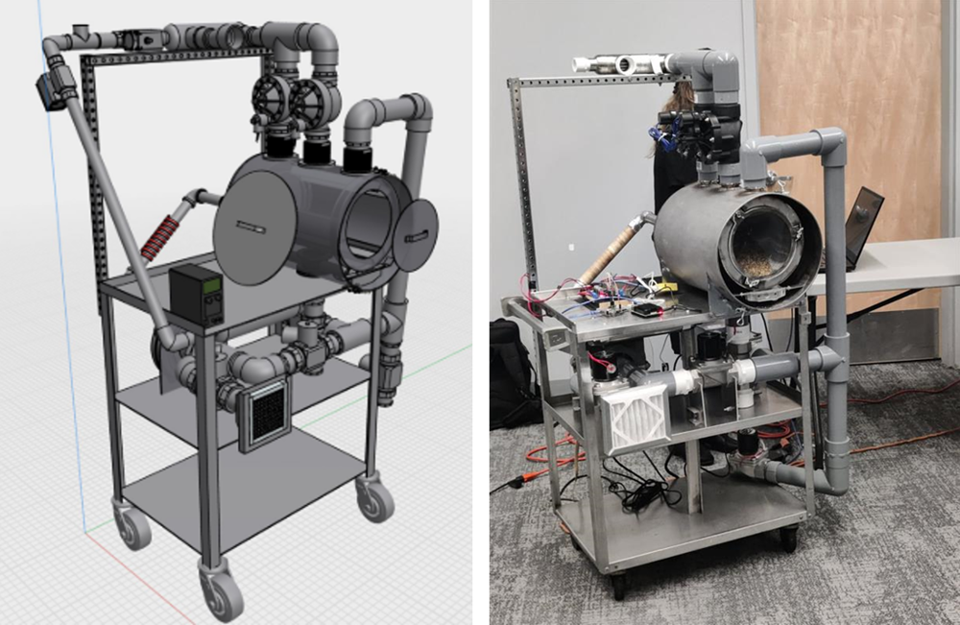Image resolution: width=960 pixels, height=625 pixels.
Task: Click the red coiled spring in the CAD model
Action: click(161, 236)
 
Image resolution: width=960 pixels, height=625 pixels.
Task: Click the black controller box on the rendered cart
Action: click(197, 294)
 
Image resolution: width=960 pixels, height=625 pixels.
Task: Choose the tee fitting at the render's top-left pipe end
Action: click(83, 37)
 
